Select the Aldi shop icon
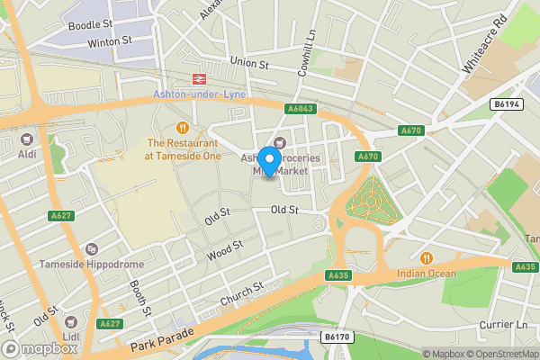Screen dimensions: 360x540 (x=26, y=139)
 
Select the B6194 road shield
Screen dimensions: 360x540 (x=505, y=105)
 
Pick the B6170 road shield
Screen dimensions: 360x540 (x=336, y=337)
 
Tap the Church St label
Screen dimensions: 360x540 (x=241, y=292)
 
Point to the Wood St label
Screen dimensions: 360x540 (x=225, y=250)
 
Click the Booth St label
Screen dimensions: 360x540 (x=140, y=297)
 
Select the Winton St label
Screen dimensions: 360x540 (x=110, y=40)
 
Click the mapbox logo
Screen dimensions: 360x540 (x=40, y=349)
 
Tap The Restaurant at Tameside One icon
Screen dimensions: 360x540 (x=184, y=127)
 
